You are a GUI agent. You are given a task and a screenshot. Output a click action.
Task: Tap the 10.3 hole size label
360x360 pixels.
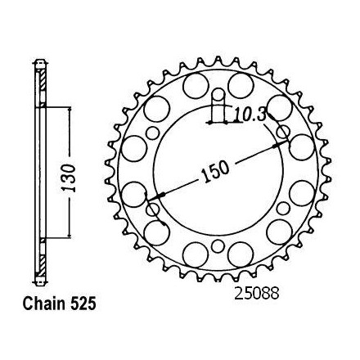point(250,115)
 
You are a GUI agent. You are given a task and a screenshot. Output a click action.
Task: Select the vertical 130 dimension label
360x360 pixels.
point(68,178)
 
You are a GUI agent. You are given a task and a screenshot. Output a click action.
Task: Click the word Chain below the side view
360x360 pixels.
point(44,304)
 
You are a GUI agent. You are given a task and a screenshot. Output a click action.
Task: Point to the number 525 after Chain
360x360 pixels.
point(83,304)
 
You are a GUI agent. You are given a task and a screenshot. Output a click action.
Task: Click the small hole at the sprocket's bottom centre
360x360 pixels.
point(218,246)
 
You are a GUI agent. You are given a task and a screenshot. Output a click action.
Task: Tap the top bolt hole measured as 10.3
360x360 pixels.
point(218,95)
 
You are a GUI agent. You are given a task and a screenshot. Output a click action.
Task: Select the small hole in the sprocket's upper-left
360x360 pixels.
point(152,133)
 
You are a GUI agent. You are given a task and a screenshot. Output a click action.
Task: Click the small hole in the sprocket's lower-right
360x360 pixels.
point(283,209)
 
